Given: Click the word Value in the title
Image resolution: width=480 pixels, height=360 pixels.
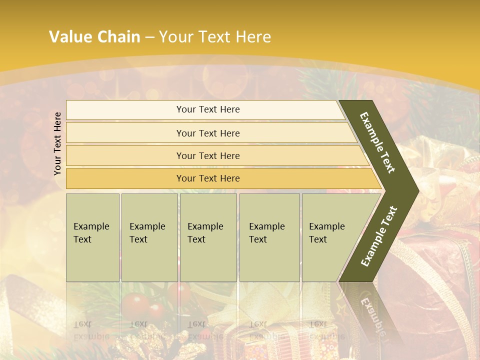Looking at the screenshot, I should [69, 37].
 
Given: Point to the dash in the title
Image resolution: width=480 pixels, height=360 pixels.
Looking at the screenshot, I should [149, 37].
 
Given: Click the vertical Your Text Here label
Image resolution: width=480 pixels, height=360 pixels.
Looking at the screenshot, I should [57, 143].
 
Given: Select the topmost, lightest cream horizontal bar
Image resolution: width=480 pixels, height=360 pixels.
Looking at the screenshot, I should [208, 109].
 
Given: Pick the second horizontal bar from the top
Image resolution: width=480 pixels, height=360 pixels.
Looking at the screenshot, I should [208, 133].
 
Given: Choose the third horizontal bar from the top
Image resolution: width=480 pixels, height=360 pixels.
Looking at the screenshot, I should [208, 156].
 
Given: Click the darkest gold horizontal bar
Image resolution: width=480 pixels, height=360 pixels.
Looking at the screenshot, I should [208, 178].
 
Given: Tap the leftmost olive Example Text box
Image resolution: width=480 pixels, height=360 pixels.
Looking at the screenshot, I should [92, 237].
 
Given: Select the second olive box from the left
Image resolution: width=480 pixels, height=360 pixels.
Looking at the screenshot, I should [149, 237].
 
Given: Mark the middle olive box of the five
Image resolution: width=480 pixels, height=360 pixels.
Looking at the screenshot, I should [208, 237].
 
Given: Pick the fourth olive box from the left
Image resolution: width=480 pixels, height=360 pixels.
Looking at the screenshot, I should [269, 237].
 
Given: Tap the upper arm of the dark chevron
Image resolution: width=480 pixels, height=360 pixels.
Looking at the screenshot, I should [377, 142].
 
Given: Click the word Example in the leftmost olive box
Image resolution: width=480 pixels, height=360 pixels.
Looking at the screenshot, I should [91, 226].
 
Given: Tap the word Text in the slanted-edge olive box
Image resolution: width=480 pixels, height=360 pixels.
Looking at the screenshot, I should [318, 239].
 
